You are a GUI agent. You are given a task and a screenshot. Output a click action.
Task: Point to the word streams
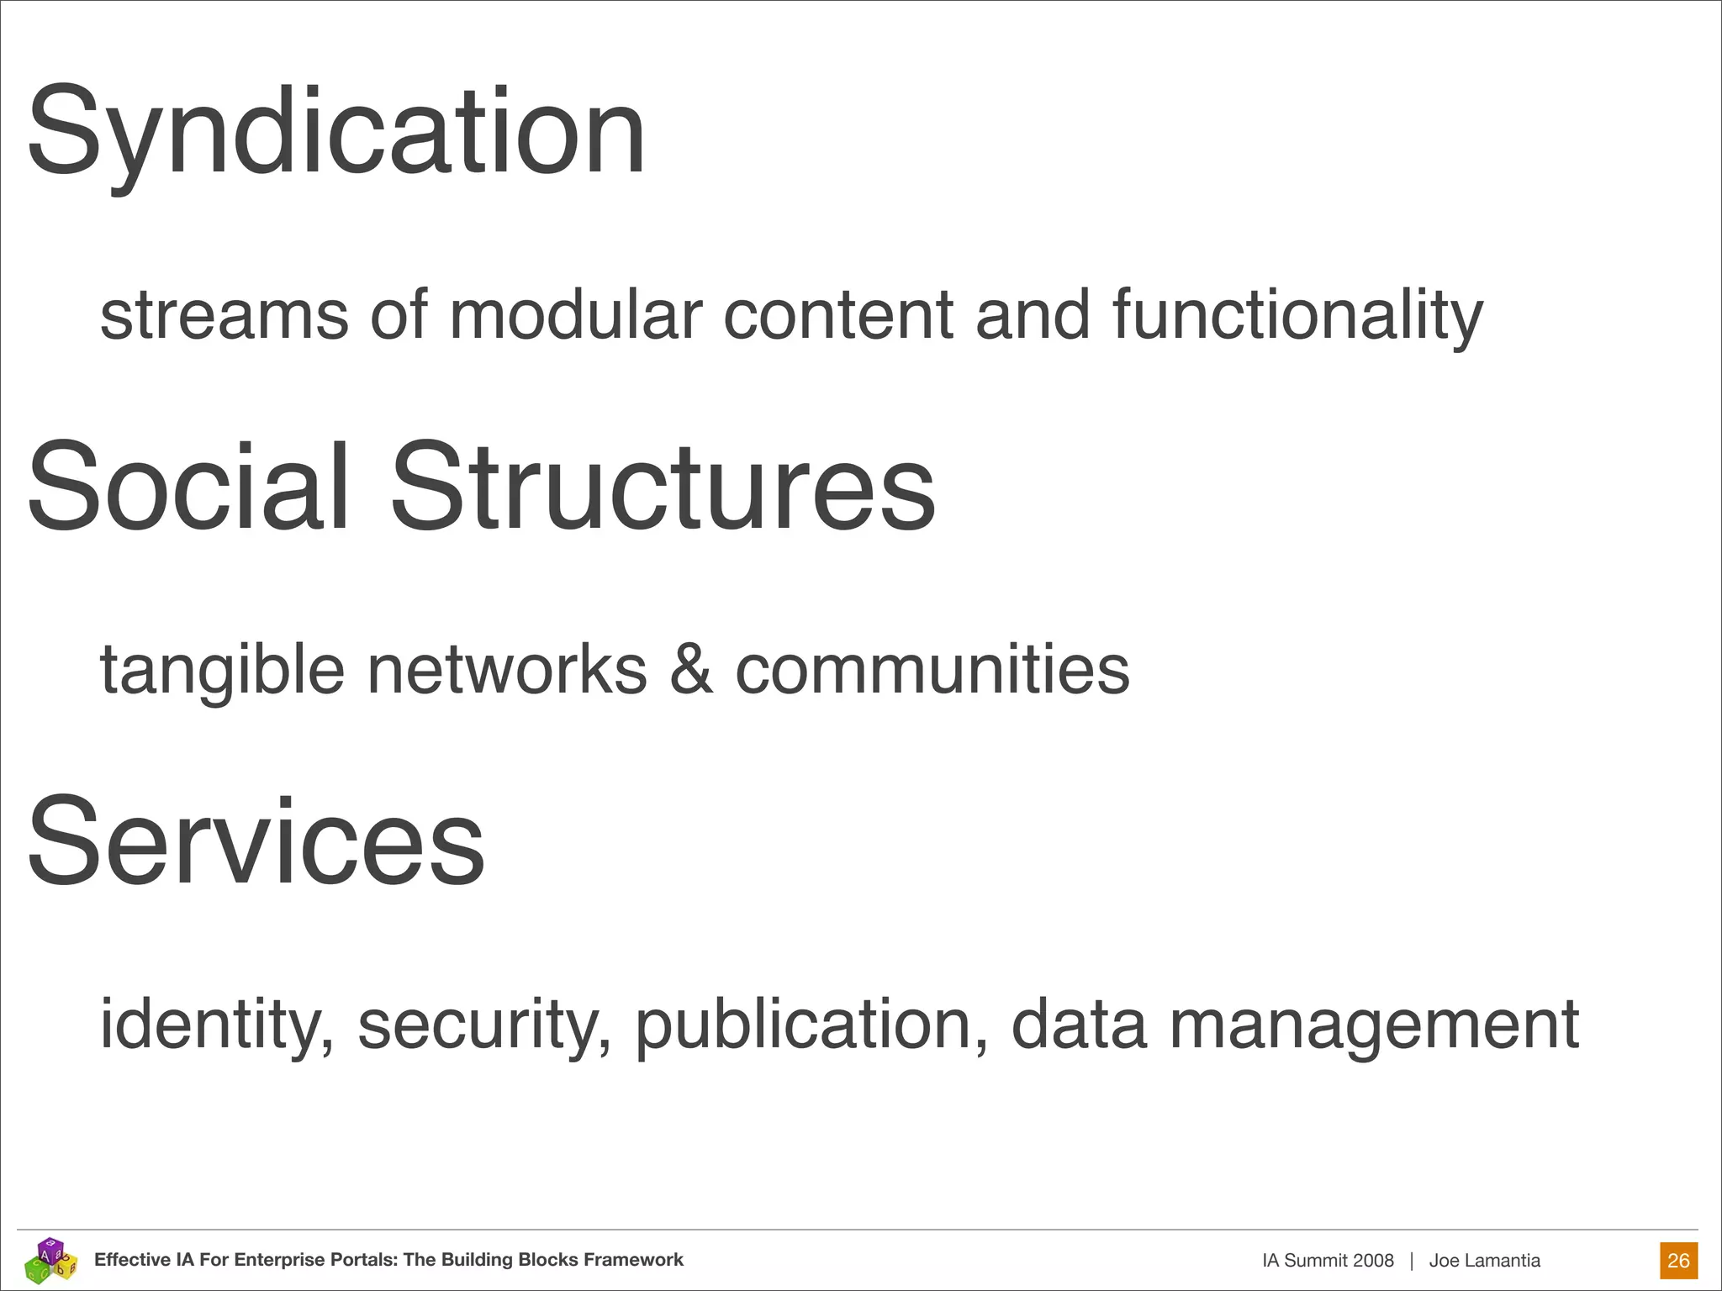click(x=224, y=315)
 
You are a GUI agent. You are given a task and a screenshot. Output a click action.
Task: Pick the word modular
click(x=576, y=315)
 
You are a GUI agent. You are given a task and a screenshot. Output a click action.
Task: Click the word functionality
click(x=1297, y=315)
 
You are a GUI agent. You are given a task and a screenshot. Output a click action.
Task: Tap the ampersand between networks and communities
click(x=691, y=670)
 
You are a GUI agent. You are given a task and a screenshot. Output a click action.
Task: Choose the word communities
click(x=932, y=670)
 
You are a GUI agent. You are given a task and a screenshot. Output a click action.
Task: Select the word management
click(x=1374, y=1025)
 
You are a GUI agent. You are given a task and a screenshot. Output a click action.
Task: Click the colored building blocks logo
click(x=50, y=1259)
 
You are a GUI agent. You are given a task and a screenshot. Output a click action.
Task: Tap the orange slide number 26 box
click(x=1678, y=1261)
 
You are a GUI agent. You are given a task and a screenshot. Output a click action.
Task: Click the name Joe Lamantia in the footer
click(x=1484, y=1261)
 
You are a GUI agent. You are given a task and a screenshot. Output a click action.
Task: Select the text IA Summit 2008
click(x=1328, y=1261)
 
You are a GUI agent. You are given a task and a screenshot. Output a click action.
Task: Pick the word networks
click(x=507, y=670)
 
